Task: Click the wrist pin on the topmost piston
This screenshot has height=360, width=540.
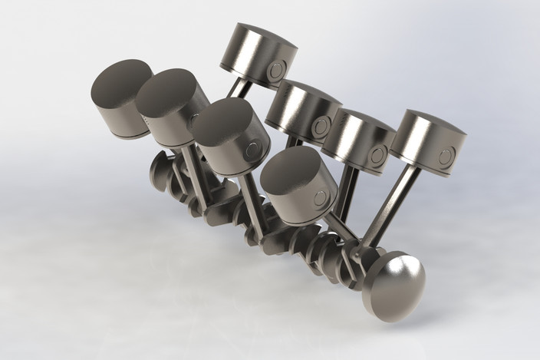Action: click(276, 71)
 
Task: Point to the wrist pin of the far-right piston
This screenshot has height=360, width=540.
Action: click(446, 158)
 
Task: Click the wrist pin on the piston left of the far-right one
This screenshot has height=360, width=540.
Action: click(376, 156)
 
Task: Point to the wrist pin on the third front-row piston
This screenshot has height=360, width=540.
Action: click(251, 154)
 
